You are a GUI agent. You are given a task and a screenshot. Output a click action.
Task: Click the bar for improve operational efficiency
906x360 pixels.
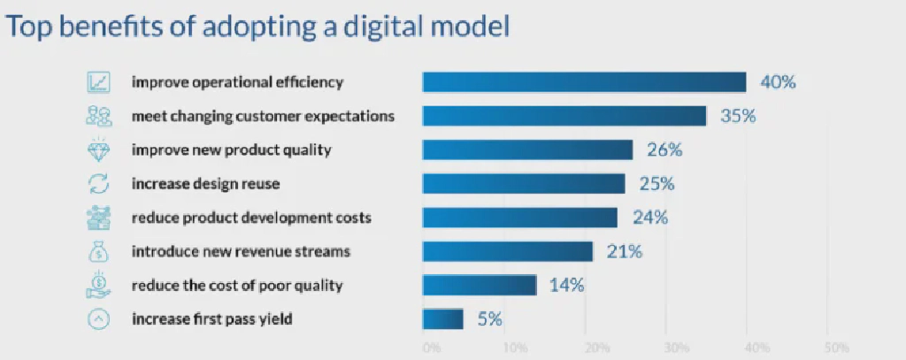[x=584, y=82]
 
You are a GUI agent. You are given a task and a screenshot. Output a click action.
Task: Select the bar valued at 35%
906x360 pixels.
[x=564, y=116]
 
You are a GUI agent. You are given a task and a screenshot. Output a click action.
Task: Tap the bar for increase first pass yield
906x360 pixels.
[x=442, y=318]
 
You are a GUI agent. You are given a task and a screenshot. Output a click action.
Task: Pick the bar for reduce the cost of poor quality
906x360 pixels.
[x=480, y=285]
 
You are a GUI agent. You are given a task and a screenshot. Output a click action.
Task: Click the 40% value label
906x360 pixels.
[x=779, y=82]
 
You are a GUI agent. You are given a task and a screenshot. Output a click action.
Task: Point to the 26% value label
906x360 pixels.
[x=664, y=149]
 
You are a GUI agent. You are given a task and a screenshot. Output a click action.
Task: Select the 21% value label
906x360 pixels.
[x=624, y=251]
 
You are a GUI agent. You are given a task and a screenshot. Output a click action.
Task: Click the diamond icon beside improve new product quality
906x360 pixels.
[x=98, y=149]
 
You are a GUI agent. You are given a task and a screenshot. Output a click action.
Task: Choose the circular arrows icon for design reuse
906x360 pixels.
[x=98, y=183]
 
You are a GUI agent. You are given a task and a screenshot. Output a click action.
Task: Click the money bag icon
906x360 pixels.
[x=98, y=251]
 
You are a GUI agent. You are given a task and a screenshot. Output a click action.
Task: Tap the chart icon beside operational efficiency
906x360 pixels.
[x=98, y=82]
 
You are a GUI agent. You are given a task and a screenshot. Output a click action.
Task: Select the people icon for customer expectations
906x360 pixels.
[x=98, y=116]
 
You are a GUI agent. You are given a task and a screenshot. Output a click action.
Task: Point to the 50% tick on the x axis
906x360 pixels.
[x=836, y=346]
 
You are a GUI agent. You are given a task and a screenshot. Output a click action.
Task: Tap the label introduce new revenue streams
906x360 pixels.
[x=241, y=251]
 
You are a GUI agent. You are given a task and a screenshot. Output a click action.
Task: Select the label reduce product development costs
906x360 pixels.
[x=251, y=218]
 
